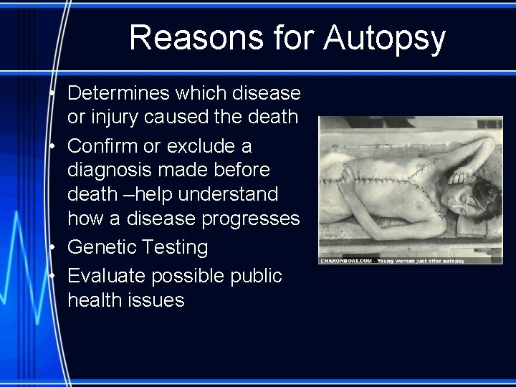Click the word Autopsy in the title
[x=384, y=39]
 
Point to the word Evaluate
[x=105, y=276]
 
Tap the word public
[x=255, y=276]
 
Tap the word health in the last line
[x=92, y=300]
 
